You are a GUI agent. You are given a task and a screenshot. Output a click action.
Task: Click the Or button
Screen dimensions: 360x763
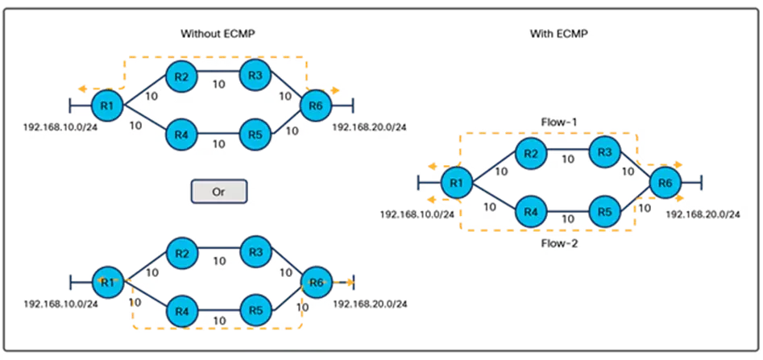click(x=218, y=192)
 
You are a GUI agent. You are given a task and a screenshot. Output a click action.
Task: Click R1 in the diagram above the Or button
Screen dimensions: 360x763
click(x=107, y=105)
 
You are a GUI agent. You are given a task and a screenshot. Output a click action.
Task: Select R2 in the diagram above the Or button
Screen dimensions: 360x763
click(x=182, y=77)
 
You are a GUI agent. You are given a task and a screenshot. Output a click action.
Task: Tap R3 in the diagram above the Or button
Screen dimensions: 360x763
click(x=255, y=76)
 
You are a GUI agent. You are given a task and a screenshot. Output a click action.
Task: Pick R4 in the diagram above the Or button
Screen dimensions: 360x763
click(x=182, y=134)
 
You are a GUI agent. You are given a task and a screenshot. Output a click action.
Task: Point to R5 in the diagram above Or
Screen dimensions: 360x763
click(x=255, y=134)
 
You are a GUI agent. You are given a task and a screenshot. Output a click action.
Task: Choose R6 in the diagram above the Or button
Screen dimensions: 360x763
click(x=315, y=105)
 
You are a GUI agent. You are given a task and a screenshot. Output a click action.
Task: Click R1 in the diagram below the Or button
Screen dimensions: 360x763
click(x=107, y=282)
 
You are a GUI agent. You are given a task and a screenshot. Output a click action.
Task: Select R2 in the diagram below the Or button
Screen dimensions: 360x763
click(x=182, y=254)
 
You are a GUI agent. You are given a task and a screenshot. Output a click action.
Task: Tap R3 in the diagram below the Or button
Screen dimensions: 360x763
click(x=255, y=253)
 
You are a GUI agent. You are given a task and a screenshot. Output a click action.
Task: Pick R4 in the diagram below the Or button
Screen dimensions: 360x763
click(x=182, y=310)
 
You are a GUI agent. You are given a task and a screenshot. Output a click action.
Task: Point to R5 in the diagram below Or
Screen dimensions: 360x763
click(x=255, y=310)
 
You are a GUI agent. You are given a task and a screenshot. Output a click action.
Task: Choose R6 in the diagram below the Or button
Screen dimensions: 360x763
click(x=316, y=282)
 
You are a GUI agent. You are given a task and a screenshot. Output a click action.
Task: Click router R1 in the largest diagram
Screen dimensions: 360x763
click(x=457, y=184)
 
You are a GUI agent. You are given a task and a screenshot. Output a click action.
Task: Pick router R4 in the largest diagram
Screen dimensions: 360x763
click(x=529, y=212)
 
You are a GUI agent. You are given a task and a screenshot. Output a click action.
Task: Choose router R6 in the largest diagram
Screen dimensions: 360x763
click(x=664, y=184)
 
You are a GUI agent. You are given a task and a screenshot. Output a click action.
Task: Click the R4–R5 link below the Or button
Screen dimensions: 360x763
click(x=218, y=310)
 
